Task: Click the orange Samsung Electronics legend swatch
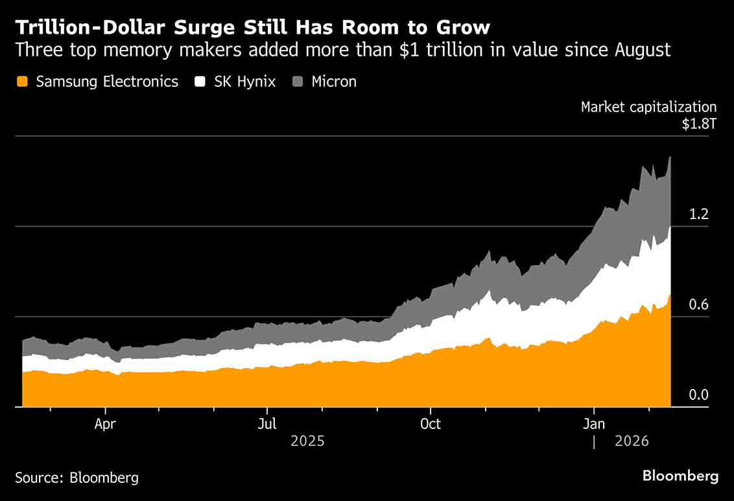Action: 23,82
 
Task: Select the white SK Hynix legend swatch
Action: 200,82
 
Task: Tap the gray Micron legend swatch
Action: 298,82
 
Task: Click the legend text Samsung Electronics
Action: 107,82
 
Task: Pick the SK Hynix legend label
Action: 245,82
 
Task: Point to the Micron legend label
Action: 334,82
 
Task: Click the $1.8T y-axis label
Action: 699,124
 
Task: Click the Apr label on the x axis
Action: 105,425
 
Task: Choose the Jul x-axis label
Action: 266,425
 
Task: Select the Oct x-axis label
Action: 430,425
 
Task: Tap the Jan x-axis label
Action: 594,425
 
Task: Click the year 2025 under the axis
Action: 307,441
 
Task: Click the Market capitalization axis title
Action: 648,107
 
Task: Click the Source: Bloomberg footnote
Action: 77,478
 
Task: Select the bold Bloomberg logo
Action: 680,476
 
